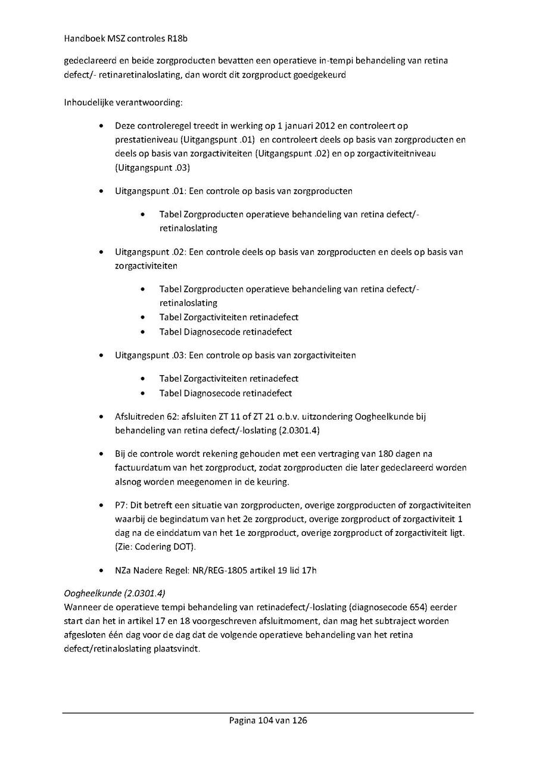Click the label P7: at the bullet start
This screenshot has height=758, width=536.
pyautogui.click(x=121, y=506)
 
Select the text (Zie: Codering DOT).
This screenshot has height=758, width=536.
pyautogui.click(x=155, y=547)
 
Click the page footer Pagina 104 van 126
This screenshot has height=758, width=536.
pyautogui.click(x=268, y=720)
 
